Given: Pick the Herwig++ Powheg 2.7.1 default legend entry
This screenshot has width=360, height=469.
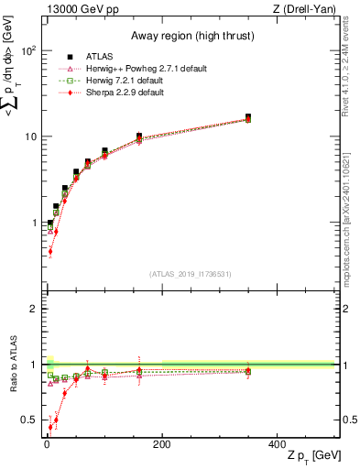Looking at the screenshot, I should (x=136, y=68).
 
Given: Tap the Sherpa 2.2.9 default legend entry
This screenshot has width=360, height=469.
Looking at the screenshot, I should (x=120, y=92).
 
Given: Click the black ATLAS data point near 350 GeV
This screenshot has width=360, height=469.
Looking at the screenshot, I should (x=248, y=117).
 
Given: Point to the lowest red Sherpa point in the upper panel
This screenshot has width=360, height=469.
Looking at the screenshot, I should (x=50, y=251).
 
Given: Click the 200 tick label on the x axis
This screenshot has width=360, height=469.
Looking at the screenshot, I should (x=162, y=445).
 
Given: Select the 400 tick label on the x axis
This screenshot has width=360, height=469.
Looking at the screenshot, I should (x=277, y=445).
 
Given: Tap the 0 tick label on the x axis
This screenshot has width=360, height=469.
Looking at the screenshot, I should (x=47, y=445).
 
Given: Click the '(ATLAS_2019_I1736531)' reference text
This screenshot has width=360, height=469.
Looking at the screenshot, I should (x=190, y=274).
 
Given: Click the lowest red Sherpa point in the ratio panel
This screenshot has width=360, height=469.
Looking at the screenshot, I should (x=50, y=427).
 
